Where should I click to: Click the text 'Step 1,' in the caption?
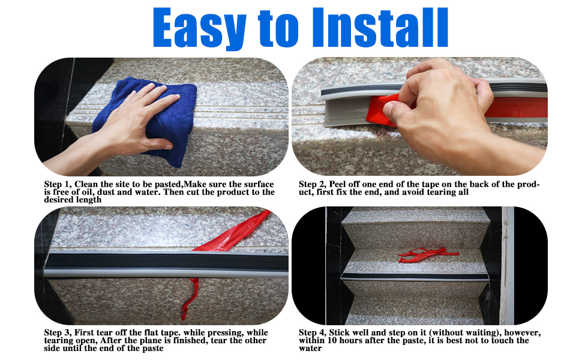59,184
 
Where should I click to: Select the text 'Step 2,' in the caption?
314,184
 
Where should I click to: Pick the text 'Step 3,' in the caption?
59,333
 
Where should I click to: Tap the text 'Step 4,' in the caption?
314,333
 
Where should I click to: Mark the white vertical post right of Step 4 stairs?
509,264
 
